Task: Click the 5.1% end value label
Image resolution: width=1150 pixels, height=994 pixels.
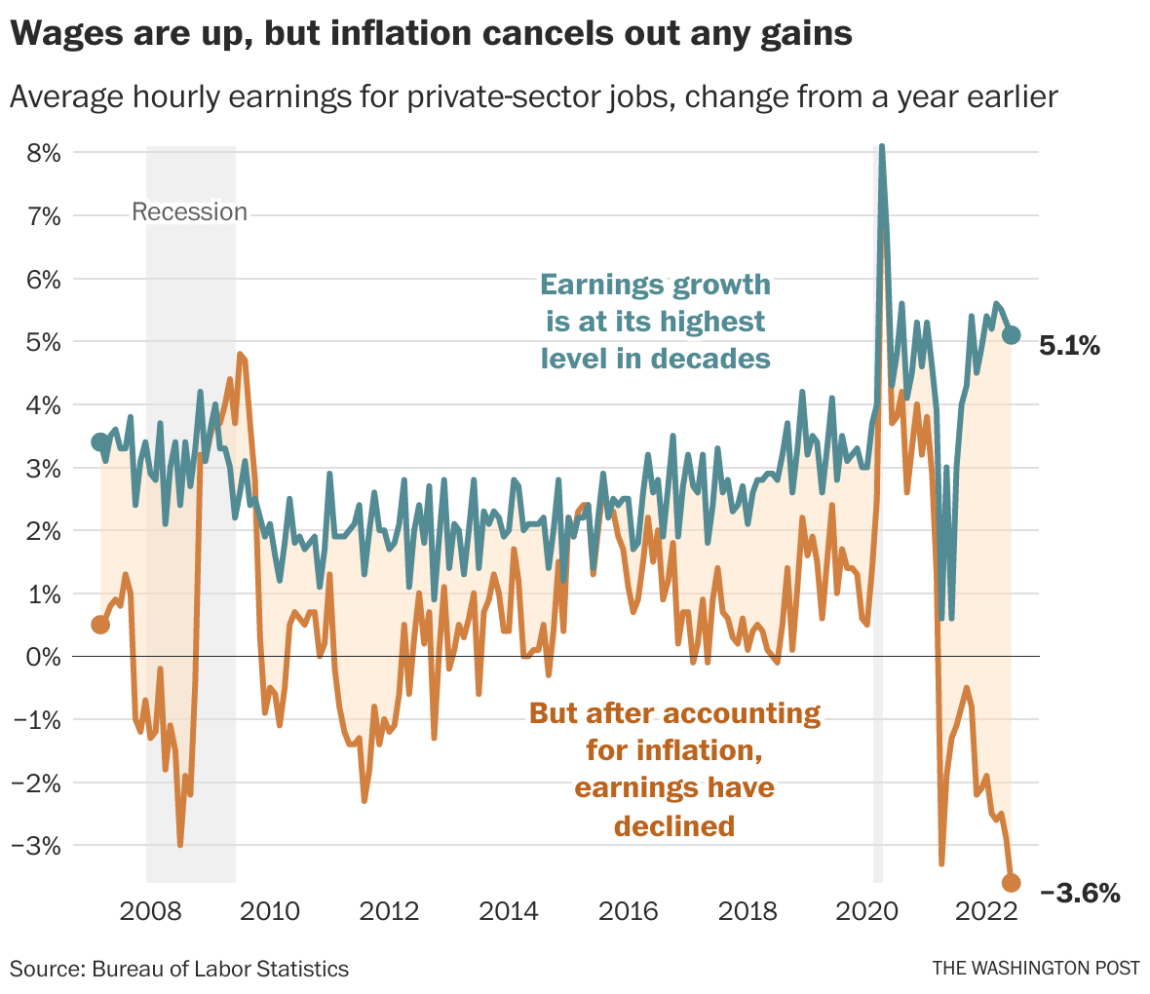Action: point(1069,345)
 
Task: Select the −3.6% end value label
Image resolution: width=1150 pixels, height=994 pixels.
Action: point(1080,892)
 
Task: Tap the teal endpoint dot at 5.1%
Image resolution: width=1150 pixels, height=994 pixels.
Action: point(1011,335)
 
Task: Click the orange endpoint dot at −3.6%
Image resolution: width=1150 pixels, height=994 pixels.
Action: point(1011,883)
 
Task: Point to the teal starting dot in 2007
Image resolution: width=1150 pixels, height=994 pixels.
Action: point(100,442)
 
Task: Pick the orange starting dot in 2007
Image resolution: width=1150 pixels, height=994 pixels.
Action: point(100,624)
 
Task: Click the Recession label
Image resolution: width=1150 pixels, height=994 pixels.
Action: point(189,211)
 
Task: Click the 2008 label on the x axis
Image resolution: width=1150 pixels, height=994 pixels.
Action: point(150,912)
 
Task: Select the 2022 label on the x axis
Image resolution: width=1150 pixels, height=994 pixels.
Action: point(985,912)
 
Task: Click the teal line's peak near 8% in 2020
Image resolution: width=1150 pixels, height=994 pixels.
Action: point(882,148)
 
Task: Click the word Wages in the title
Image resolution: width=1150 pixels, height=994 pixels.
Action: point(66,34)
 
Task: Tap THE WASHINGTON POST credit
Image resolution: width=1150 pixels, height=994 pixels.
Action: point(1035,968)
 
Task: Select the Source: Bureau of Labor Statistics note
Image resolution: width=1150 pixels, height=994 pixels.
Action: point(179,969)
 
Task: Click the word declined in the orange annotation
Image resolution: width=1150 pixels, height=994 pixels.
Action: point(673,825)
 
